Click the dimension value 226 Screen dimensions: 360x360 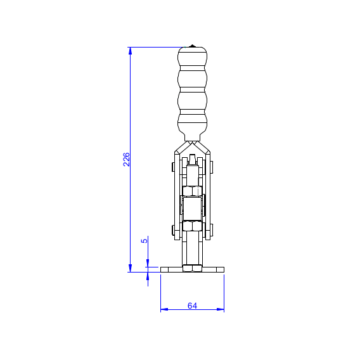(127, 159)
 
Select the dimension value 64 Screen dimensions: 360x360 (192, 306)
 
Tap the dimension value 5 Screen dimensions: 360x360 (144, 241)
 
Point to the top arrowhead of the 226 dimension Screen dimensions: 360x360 (130, 51)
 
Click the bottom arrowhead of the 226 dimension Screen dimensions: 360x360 (130, 268)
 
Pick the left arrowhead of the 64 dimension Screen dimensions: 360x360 (164, 309)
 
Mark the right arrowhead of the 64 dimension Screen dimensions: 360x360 (221, 309)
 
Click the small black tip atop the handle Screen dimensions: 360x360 (192, 46)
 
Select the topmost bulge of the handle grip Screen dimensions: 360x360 (193, 56)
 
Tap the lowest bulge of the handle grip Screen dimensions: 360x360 (193, 124)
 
